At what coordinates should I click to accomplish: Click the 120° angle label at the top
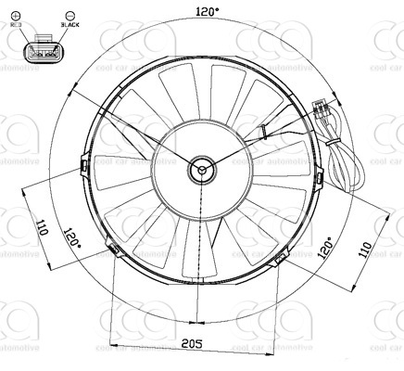coord(208,11)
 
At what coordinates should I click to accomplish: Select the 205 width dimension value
coord(192,344)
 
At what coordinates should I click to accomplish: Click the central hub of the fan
coord(201,169)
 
